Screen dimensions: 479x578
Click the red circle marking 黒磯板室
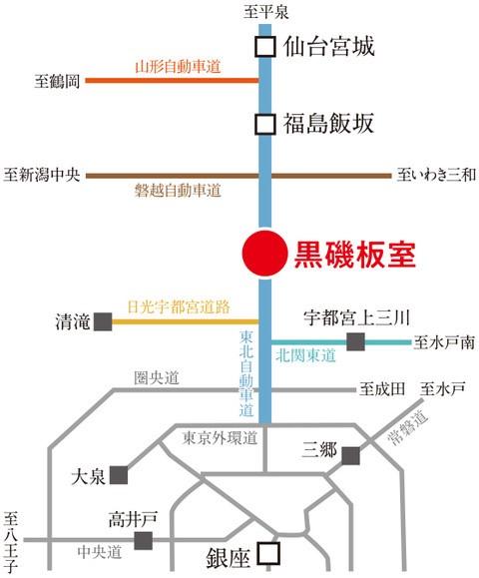(x=264, y=253)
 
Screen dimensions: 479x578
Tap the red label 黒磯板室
(x=355, y=255)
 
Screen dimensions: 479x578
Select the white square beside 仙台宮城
(x=264, y=47)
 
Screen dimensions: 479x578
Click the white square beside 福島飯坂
(x=264, y=124)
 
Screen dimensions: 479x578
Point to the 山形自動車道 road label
(x=178, y=67)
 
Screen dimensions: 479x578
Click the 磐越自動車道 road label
(x=178, y=191)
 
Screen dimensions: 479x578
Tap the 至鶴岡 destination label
(x=57, y=81)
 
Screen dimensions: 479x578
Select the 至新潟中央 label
(x=42, y=175)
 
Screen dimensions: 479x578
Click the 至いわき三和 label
(x=436, y=175)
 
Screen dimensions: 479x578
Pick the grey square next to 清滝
(x=103, y=321)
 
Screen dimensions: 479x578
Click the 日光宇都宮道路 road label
(x=179, y=306)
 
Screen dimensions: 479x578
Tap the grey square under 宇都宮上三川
(x=355, y=341)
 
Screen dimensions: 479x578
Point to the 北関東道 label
(x=305, y=355)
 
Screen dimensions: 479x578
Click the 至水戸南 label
(x=444, y=342)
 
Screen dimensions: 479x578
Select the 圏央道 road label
(x=157, y=378)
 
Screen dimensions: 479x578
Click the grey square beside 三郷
(x=351, y=456)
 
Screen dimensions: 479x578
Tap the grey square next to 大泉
(x=119, y=475)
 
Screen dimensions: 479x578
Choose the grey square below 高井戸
(x=144, y=540)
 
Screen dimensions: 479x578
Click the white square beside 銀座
(x=268, y=553)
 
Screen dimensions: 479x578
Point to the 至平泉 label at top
(x=265, y=13)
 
